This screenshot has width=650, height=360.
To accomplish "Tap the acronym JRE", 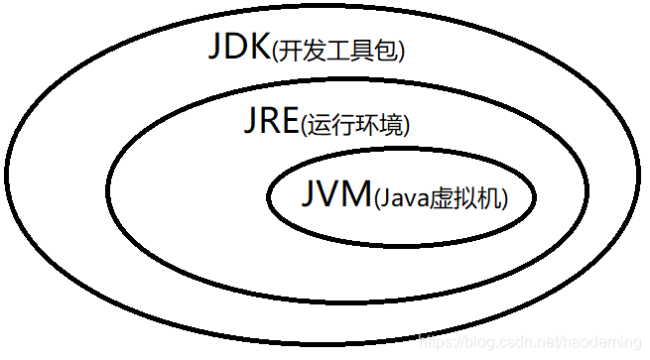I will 271,122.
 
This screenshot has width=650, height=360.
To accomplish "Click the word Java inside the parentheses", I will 403,198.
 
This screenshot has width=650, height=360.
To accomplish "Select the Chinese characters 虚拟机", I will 465,198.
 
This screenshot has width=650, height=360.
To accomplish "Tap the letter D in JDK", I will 236,48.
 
